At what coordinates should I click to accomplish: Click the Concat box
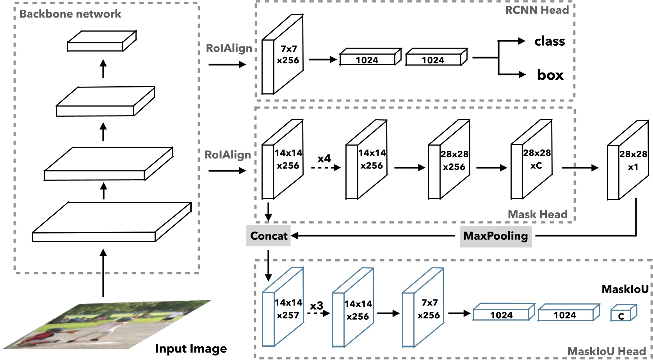pos(268,236)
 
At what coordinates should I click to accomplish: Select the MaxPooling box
pos(495,236)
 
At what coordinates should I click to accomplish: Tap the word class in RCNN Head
pos(550,41)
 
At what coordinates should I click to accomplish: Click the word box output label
pos(550,75)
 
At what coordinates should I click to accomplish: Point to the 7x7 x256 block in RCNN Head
pos(283,55)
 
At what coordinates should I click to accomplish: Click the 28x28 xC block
pos(532,160)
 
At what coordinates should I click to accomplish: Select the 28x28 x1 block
pos(628,160)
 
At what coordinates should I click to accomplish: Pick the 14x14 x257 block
pos(283,308)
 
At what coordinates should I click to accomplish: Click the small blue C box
pos(623,314)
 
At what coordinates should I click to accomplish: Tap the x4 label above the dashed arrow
pos(324,159)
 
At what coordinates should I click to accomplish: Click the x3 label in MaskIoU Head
pos(316,305)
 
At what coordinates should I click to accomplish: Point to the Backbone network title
pos(70,14)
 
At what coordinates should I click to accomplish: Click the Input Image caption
pos(191,348)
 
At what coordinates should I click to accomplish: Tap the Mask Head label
pos(537,214)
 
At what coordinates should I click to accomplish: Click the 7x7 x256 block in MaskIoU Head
pos(423,308)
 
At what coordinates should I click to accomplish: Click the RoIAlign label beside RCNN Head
pos(229,48)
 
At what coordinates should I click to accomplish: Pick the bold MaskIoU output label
pos(625,289)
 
